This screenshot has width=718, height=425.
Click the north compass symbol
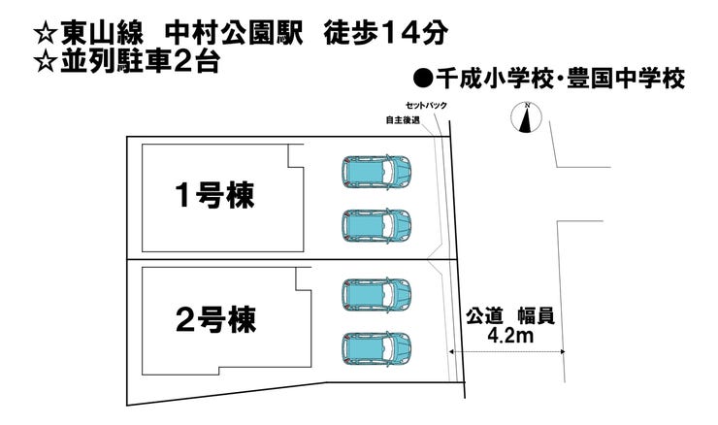coord(525,117)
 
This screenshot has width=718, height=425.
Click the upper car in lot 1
coord(376,172)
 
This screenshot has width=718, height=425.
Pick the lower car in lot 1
coord(376,225)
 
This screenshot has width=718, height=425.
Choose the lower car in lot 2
coord(376,345)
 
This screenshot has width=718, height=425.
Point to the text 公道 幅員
coord(512,316)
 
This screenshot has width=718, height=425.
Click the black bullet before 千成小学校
coord(421,79)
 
